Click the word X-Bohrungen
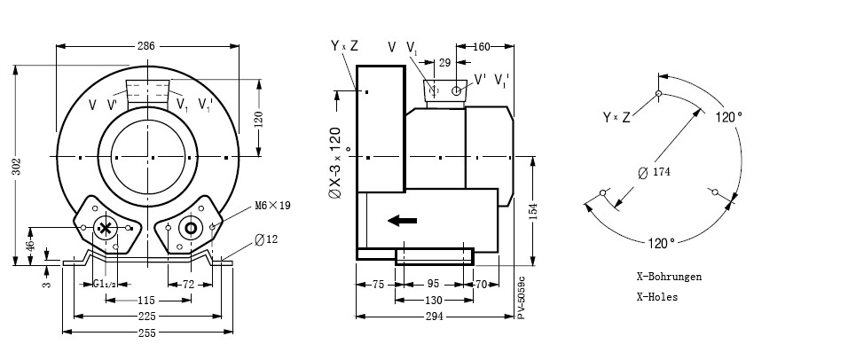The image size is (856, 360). [x=669, y=278]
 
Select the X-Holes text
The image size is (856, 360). [x=656, y=297]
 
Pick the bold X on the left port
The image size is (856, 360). [x=106, y=228]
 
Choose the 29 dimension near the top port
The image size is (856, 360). [x=444, y=63]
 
